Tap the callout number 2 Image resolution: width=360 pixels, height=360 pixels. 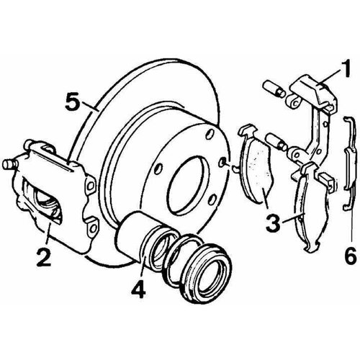pos(44,257)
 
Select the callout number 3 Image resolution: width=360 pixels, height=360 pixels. pos(274,223)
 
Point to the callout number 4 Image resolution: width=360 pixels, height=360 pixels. pos(138,289)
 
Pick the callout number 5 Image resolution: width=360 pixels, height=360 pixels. pos(73,102)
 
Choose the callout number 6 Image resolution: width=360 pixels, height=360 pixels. pos(351,256)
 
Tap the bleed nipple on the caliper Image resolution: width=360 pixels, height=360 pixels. pos(9,165)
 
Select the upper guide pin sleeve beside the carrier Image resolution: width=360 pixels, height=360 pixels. pos(274,89)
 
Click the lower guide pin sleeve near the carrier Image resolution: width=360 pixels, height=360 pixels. pos(276,142)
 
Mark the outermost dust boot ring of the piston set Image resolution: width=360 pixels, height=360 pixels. pos(207,271)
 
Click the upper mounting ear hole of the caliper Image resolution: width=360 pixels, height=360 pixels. pos(91,185)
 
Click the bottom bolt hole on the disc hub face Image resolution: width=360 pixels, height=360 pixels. pos(212,199)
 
